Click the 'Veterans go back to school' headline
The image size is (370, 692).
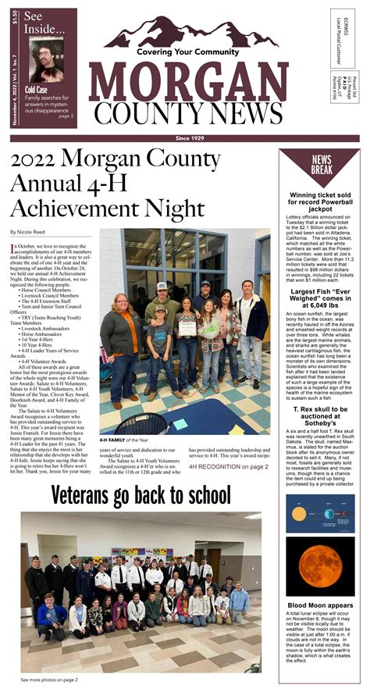141,495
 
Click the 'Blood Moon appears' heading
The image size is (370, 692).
320,605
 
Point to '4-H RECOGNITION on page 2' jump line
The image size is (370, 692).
228,466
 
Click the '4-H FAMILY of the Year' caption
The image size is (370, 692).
126,440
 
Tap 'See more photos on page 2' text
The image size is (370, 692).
49,680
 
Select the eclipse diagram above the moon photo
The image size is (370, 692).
320,513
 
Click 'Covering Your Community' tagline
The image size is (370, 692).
187,52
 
